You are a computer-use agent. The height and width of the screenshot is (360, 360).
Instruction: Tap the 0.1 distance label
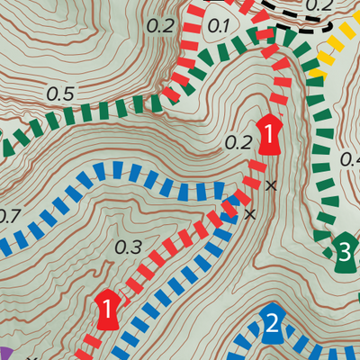pos(218,25)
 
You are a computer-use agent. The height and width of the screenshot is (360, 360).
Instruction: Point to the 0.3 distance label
pos(130,247)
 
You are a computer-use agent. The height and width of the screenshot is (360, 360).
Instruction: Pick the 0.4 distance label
pos(349,159)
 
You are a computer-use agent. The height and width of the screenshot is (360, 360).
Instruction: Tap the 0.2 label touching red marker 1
pos(238,141)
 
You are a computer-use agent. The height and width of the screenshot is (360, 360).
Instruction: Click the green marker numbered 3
pos(342,251)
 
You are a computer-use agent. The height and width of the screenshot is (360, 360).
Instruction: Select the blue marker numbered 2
pos(273,324)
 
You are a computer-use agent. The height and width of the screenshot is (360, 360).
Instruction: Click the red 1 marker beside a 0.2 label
pos(268,134)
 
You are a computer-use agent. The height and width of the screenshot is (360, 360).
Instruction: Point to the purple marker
pos(4,353)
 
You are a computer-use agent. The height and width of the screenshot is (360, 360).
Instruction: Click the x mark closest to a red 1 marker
pos(271,185)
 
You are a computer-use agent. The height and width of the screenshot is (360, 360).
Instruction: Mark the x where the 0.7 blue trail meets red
pos(250,213)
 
